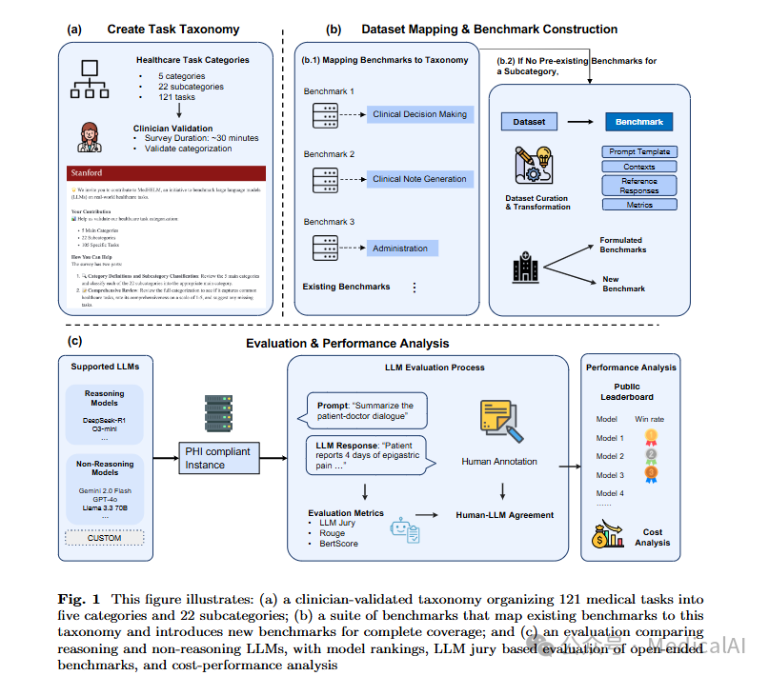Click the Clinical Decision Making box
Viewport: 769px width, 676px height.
(419, 114)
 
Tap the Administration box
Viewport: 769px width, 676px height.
(400, 248)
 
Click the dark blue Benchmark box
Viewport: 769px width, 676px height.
(638, 123)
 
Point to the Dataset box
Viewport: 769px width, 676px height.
(529, 123)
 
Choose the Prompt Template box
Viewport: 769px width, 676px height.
(639, 151)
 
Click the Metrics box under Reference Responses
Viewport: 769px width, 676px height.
(639, 205)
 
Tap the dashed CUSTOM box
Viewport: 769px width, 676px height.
(104, 538)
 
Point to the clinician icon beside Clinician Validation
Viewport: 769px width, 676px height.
(89, 136)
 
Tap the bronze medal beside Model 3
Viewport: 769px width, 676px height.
(651, 474)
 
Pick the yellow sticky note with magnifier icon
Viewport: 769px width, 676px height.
(499, 417)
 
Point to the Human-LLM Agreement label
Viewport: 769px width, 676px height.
(504, 515)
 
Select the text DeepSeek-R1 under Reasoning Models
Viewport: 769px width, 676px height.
(104, 418)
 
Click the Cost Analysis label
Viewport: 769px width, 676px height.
(653, 538)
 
